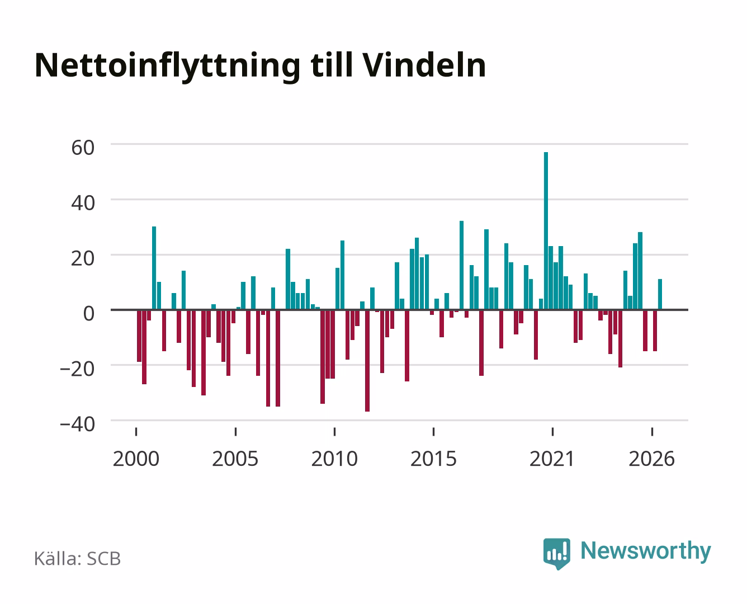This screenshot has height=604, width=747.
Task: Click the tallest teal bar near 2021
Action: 546,231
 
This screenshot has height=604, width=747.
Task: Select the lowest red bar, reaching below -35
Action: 367,361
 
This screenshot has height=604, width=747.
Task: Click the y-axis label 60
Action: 83,148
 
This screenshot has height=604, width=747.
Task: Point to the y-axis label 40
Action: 83,203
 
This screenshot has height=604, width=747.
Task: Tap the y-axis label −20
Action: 77,369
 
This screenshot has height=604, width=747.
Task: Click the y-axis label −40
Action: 77,424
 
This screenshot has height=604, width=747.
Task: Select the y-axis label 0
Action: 89,314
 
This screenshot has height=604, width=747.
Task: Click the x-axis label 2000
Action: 136,459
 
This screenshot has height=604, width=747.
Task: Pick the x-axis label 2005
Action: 235,459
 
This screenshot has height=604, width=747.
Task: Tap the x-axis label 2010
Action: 334,459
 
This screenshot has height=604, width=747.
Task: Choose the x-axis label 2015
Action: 433,459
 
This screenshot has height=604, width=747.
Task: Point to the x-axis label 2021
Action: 552,459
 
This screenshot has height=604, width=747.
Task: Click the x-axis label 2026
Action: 651,459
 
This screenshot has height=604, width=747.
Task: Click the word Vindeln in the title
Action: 424,65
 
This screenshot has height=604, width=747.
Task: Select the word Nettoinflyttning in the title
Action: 168,67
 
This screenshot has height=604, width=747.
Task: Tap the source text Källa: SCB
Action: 78,558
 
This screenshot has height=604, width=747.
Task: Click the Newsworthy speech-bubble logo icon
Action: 556,554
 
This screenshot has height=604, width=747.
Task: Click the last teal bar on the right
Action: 660,294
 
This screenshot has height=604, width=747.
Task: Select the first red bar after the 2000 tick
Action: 139,336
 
